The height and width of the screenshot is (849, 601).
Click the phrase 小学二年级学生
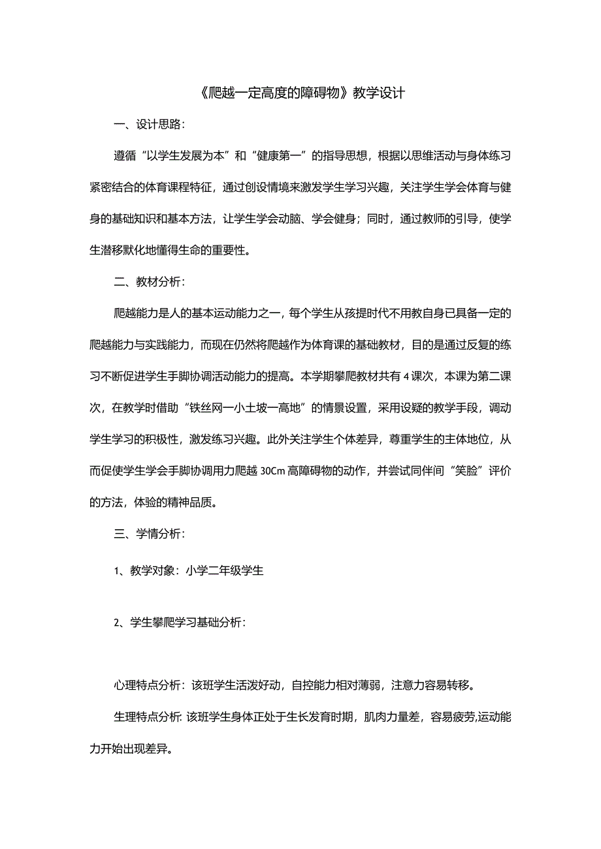(224, 571)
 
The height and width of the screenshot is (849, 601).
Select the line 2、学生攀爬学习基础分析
(180, 623)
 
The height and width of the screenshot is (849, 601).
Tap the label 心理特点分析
(148, 686)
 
